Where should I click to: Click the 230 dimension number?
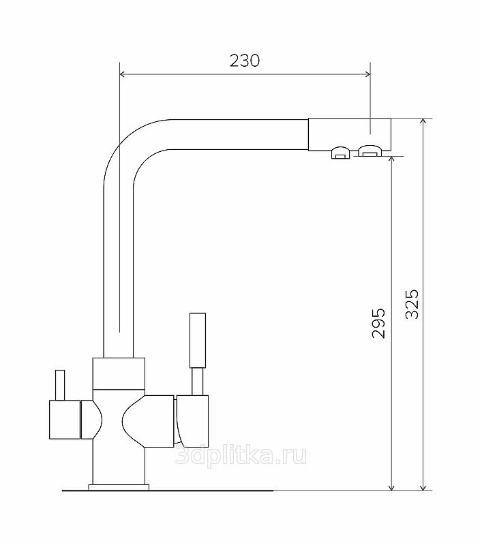(x=245, y=61)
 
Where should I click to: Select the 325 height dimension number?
(x=412, y=304)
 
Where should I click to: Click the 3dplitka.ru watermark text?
(x=241, y=455)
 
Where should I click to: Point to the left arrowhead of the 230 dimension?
(x=123, y=74)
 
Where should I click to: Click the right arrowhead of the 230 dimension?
(x=367, y=74)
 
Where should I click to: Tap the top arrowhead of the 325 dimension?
(x=423, y=122)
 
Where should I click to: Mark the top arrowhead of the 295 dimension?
(x=391, y=159)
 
